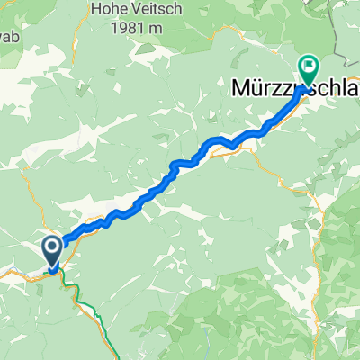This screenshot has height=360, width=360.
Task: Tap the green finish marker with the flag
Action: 309,67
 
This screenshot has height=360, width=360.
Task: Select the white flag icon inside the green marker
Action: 309,65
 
